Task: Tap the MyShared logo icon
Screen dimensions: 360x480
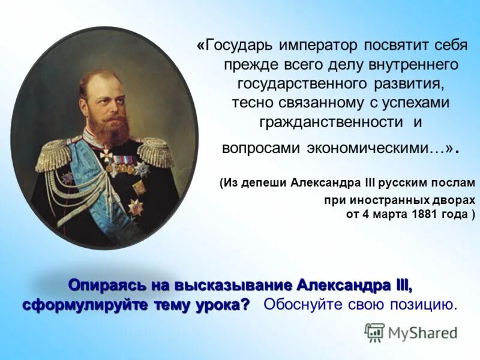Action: pos(374,332)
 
